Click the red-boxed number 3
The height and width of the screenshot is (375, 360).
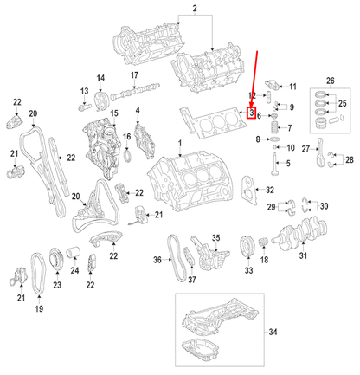251,112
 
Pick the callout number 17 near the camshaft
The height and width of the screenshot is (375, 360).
136,76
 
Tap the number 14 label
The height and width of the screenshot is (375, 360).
100,79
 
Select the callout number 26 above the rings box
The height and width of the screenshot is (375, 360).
329,80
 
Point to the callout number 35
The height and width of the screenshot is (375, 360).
217,237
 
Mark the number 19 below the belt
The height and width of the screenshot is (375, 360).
38,308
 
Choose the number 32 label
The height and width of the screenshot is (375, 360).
270,190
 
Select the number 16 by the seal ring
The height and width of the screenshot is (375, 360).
126,136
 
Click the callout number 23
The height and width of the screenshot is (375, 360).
57,283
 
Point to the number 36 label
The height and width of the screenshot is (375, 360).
157,260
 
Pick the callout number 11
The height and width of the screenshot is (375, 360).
292,87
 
